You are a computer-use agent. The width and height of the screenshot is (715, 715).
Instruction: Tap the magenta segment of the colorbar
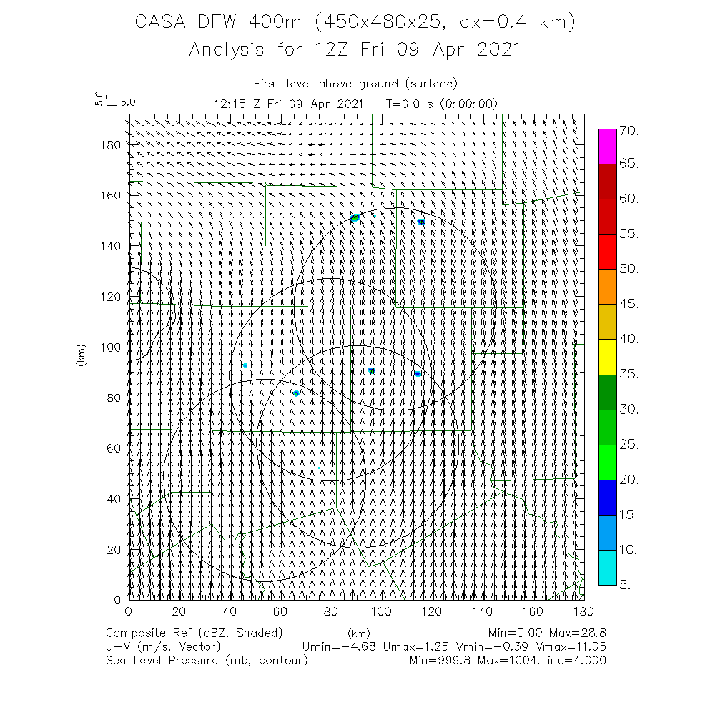click(x=608, y=147)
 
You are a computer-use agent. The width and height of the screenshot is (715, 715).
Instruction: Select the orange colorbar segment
click(x=608, y=287)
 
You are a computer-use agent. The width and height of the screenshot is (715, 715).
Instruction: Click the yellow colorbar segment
click(x=608, y=357)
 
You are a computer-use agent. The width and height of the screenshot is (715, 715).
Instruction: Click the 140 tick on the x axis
click(x=483, y=611)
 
